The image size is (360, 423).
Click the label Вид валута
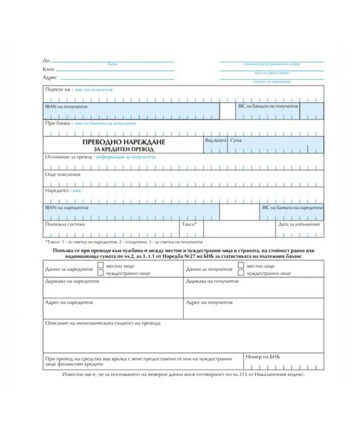point(215,140)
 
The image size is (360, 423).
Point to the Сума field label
point(236,140)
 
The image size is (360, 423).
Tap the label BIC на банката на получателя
point(269,107)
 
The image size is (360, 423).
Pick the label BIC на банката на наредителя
point(292,207)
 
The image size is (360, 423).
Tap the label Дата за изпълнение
point(299,224)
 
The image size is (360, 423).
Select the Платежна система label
point(65,224)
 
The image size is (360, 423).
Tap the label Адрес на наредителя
point(69,302)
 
